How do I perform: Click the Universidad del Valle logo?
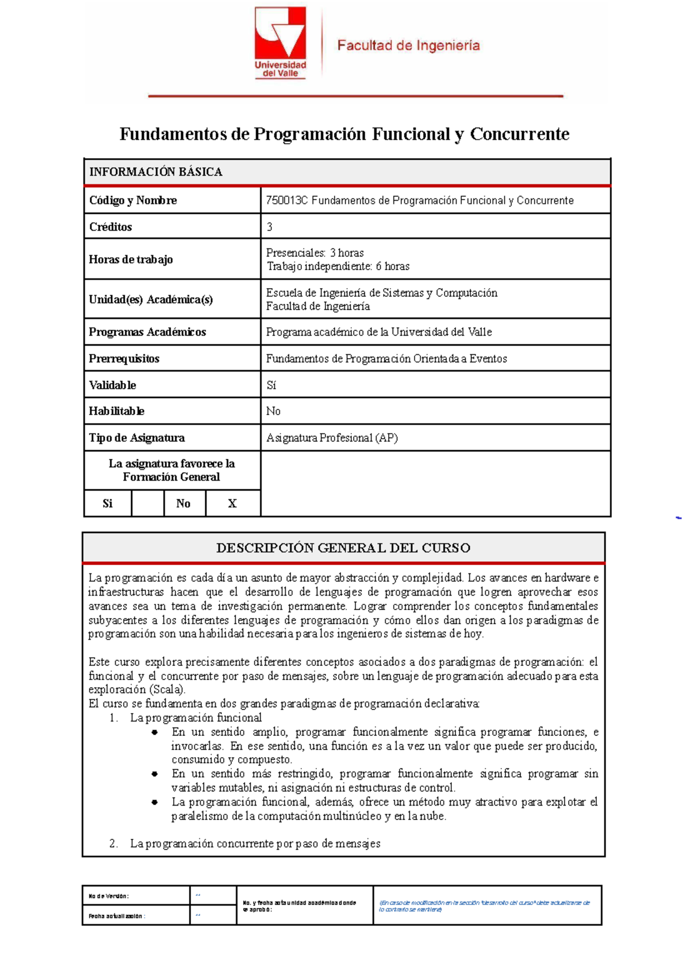tap(281, 43)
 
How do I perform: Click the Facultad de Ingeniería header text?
tap(408, 45)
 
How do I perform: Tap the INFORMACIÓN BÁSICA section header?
tap(155, 172)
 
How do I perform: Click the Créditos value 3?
tap(270, 227)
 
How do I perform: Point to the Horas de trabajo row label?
tap(131, 259)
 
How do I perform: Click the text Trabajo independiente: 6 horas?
tap(338, 266)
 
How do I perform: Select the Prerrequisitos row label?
tap(124, 359)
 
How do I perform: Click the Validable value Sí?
tap(271, 385)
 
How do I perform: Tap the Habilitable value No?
tap(273, 411)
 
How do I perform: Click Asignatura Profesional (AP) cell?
tap(332, 438)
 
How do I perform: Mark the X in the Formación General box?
tap(232, 504)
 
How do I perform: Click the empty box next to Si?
tap(147, 504)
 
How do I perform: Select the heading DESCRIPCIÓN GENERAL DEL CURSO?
tap(343, 548)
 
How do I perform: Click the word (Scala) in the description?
tap(167, 690)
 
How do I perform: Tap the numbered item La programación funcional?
tap(195, 718)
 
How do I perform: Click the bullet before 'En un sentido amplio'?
tap(155, 733)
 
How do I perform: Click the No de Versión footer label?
tap(109, 896)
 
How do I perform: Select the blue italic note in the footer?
tap(484, 906)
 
